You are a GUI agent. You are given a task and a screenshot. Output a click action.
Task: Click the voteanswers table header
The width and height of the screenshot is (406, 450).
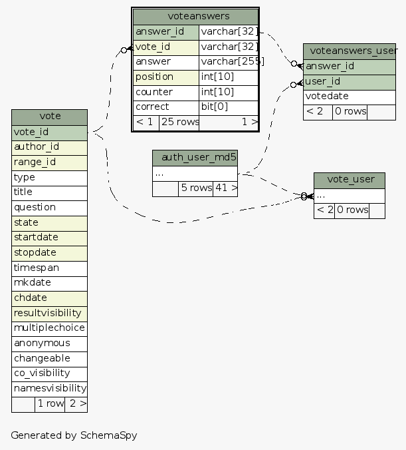point(195,16)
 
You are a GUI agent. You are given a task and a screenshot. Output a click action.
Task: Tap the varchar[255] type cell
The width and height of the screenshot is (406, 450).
point(228,62)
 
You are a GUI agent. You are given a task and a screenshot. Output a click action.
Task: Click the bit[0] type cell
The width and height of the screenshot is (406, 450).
point(228,107)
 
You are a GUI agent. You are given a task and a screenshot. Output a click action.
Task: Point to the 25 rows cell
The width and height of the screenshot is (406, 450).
point(179,122)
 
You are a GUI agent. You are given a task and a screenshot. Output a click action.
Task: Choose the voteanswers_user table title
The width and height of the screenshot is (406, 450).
point(350,51)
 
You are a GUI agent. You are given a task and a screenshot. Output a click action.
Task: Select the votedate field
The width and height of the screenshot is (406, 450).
point(350,97)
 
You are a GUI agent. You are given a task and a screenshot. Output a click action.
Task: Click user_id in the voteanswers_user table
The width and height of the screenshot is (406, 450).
point(350,82)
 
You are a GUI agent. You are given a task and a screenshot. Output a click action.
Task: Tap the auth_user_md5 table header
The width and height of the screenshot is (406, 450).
point(195,158)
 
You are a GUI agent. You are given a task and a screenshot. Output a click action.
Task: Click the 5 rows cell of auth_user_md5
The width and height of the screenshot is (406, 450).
point(195,188)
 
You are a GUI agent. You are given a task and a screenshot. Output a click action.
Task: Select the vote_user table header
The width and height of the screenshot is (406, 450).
point(350,180)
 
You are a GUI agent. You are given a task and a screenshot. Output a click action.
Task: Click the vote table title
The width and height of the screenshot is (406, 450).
point(50,116)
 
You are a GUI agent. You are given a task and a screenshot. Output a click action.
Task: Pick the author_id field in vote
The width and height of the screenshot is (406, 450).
point(50,147)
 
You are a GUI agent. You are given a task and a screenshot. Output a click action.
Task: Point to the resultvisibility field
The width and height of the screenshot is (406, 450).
point(50,313)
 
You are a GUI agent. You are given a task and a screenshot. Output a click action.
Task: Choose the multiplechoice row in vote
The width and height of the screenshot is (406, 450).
point(50,328)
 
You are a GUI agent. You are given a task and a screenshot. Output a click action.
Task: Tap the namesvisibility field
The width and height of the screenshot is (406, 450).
point(50,388)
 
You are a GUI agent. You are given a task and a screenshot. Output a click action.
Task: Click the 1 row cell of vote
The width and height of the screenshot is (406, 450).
point(50,403)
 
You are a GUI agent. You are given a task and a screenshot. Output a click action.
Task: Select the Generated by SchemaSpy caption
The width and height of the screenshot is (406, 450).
point(74,435)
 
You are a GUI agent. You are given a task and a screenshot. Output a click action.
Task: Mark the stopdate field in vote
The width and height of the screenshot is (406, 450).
point(50,253)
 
